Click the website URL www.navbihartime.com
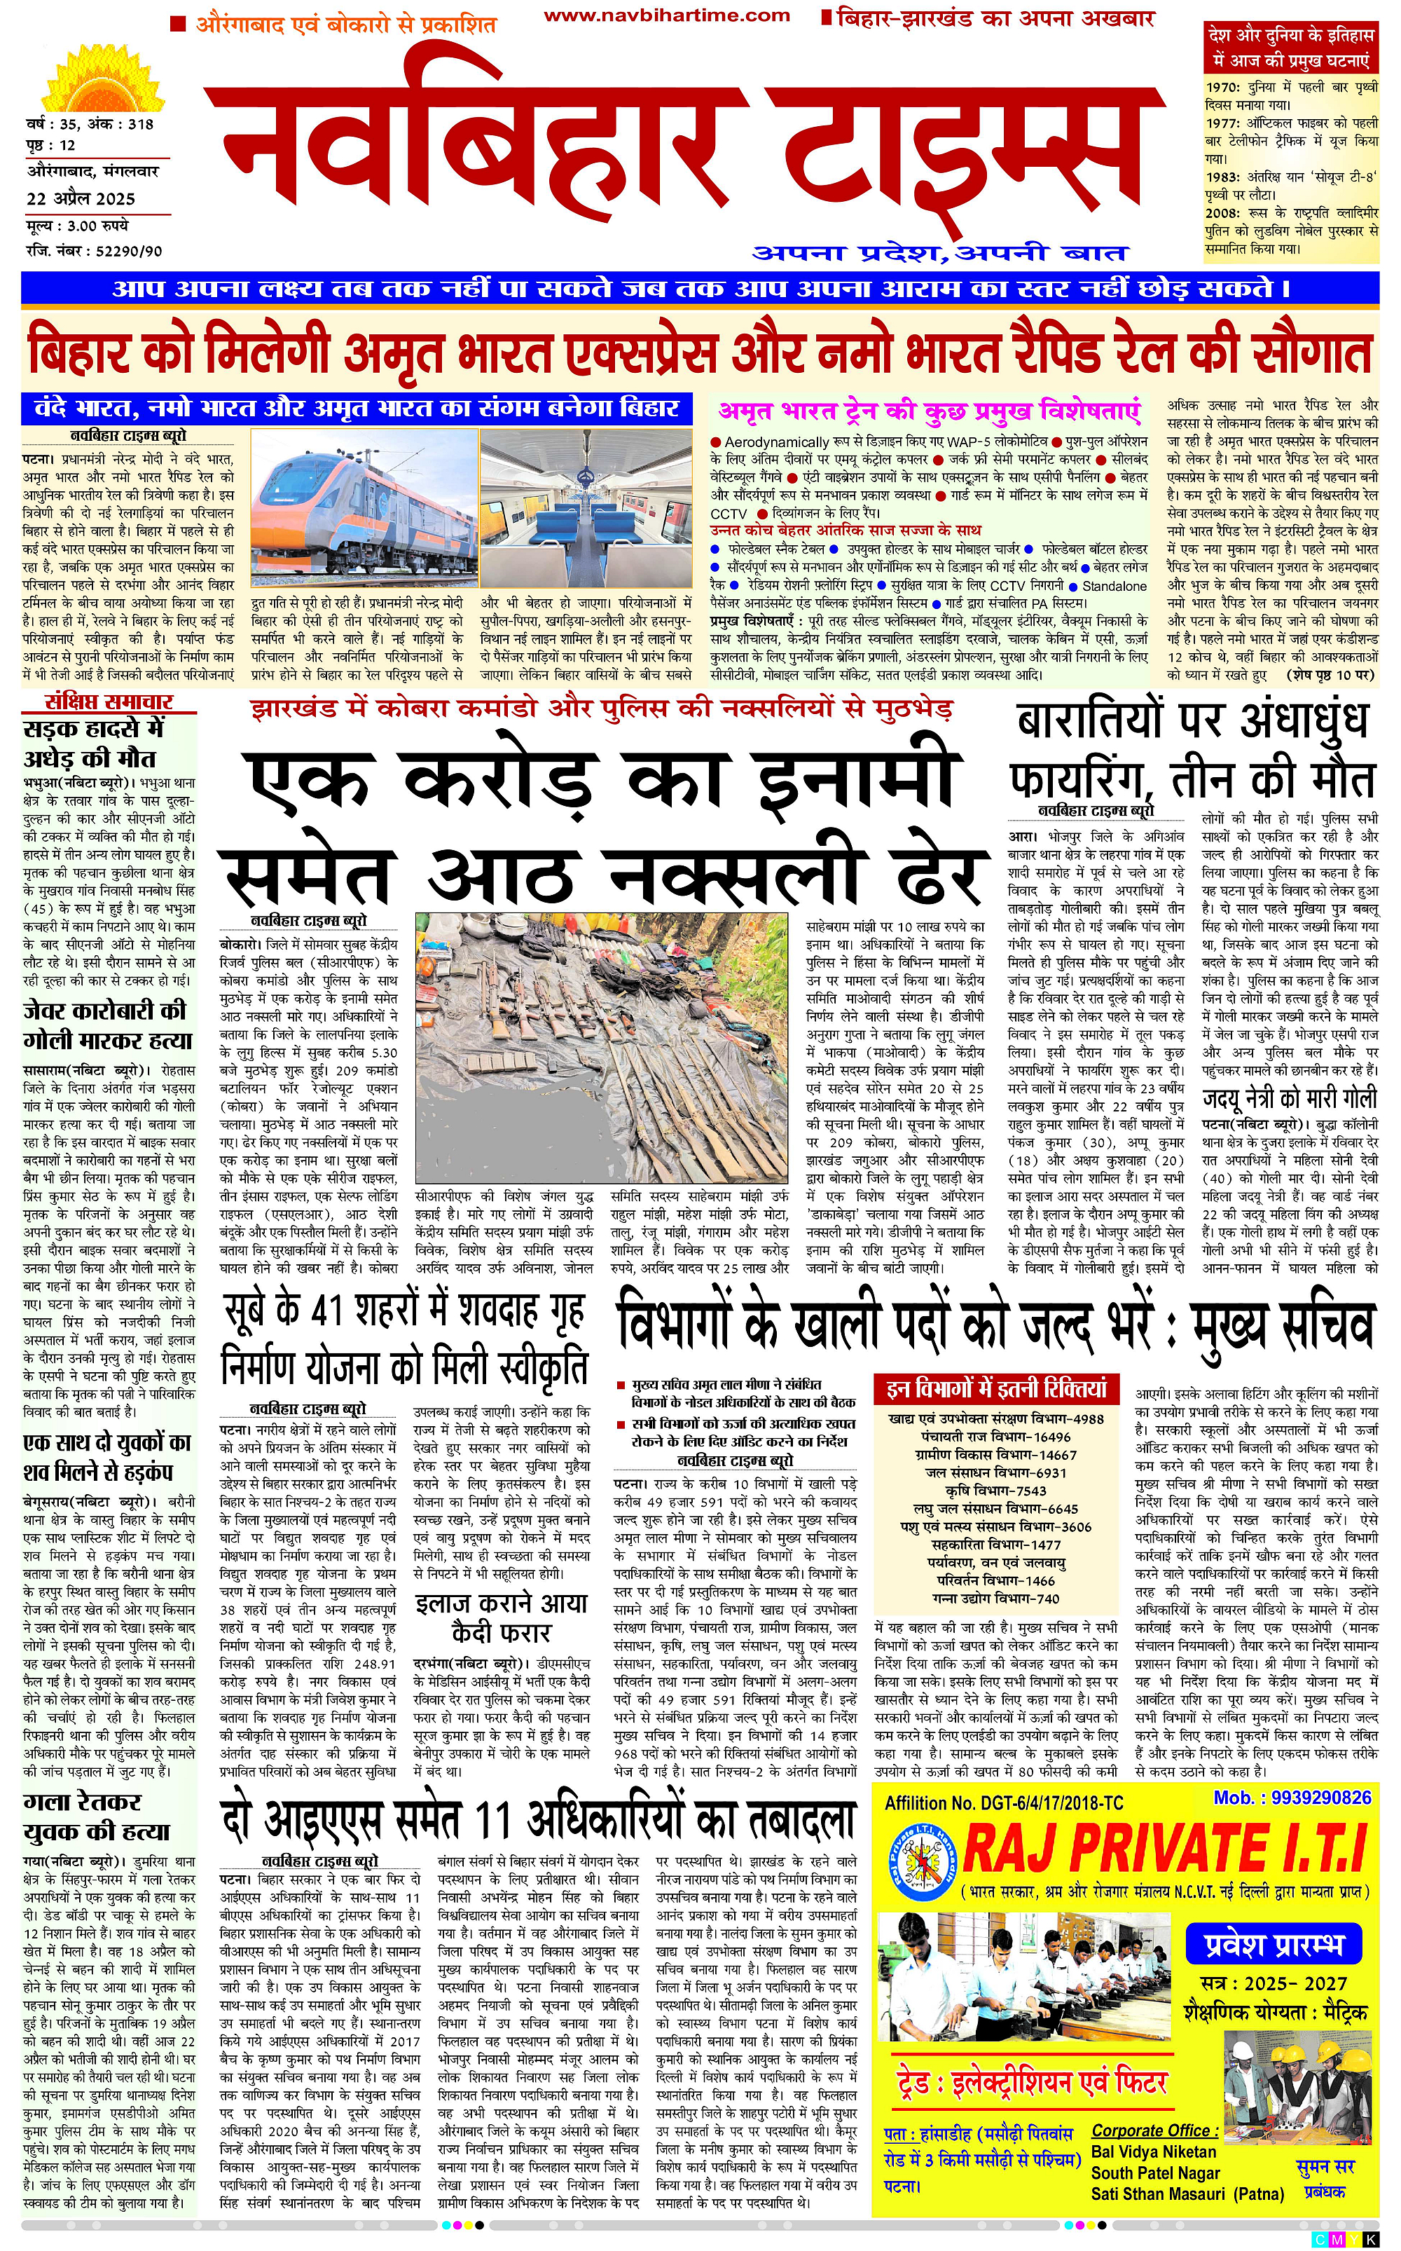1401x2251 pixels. pyautogui.click(x=666, y=15)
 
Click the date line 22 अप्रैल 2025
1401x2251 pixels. pyautogui.click(x=81, y=199)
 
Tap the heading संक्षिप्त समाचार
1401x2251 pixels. pyautogui.click(x=109, y=701)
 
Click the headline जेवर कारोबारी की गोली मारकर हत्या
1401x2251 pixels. pyautogui.click(x=107, y=1025)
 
